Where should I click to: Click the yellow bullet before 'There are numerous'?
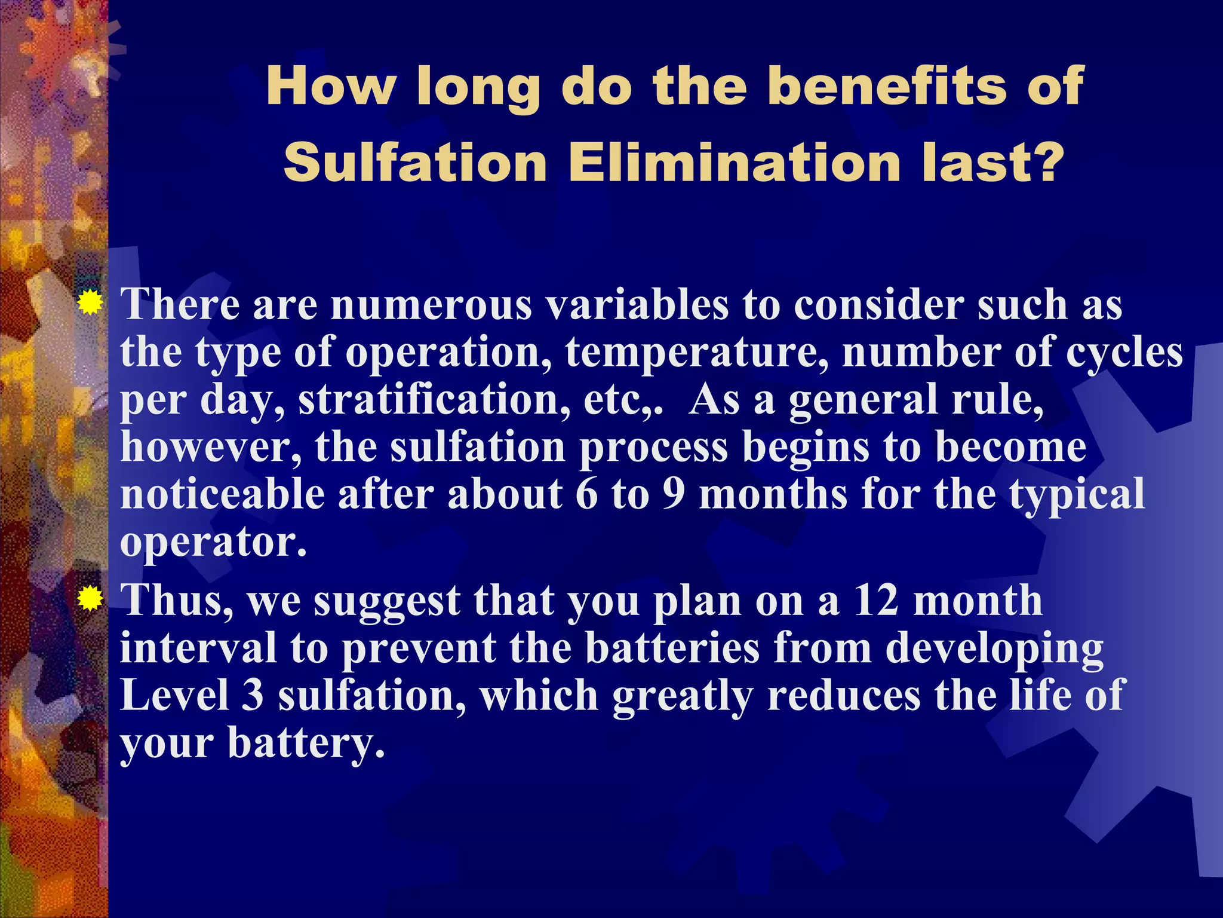(x=90, y=303)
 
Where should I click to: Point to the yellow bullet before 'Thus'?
(x=90, y=598)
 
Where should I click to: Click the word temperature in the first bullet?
(x=696, y=352)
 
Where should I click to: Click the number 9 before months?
(x=673, y=494)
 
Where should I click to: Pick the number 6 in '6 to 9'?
(x=586, y=494)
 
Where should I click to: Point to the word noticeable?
(x=222, y=494)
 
